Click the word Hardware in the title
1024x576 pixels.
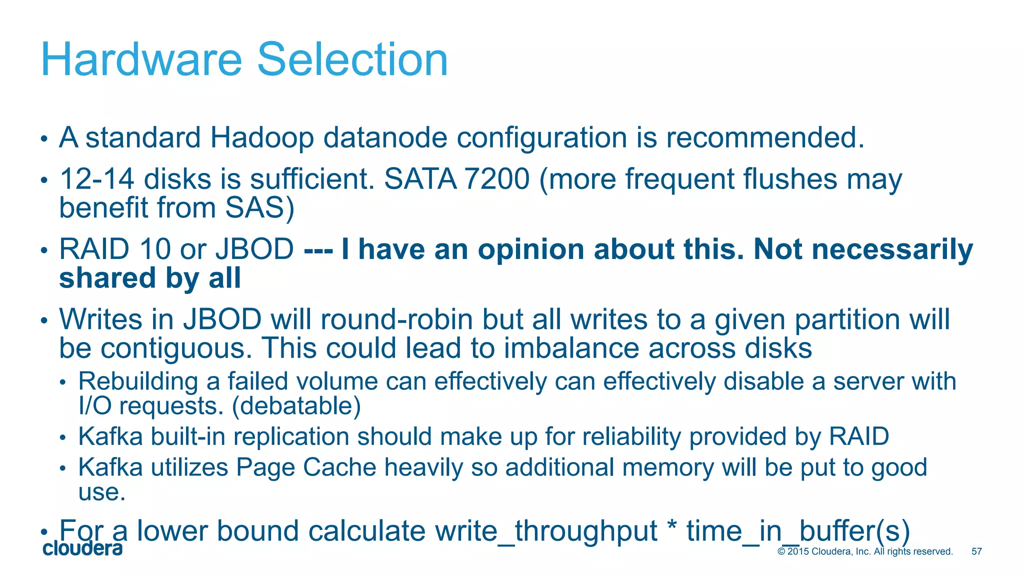pyautogui.click(x=141, y=59)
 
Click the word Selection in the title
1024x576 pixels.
pyautogui.click(x=352, y=59)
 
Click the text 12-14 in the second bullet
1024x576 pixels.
pyautogui.click(x=97, y=179)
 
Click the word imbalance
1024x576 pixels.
pyautogui.click(x=571, y=348)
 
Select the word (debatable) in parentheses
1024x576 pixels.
pyautogui.click(x=296, y=405)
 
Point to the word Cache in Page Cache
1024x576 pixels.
pyautogui.click(x=339, y=467)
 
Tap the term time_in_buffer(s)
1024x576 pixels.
pyautogui.click(x=797, y=531)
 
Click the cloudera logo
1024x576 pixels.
pyautogui.click(x=82, y=548)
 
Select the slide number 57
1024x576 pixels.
pyautogui.click(x=976, y=551)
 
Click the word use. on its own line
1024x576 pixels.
pyautogui.click(x=101, y=492)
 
